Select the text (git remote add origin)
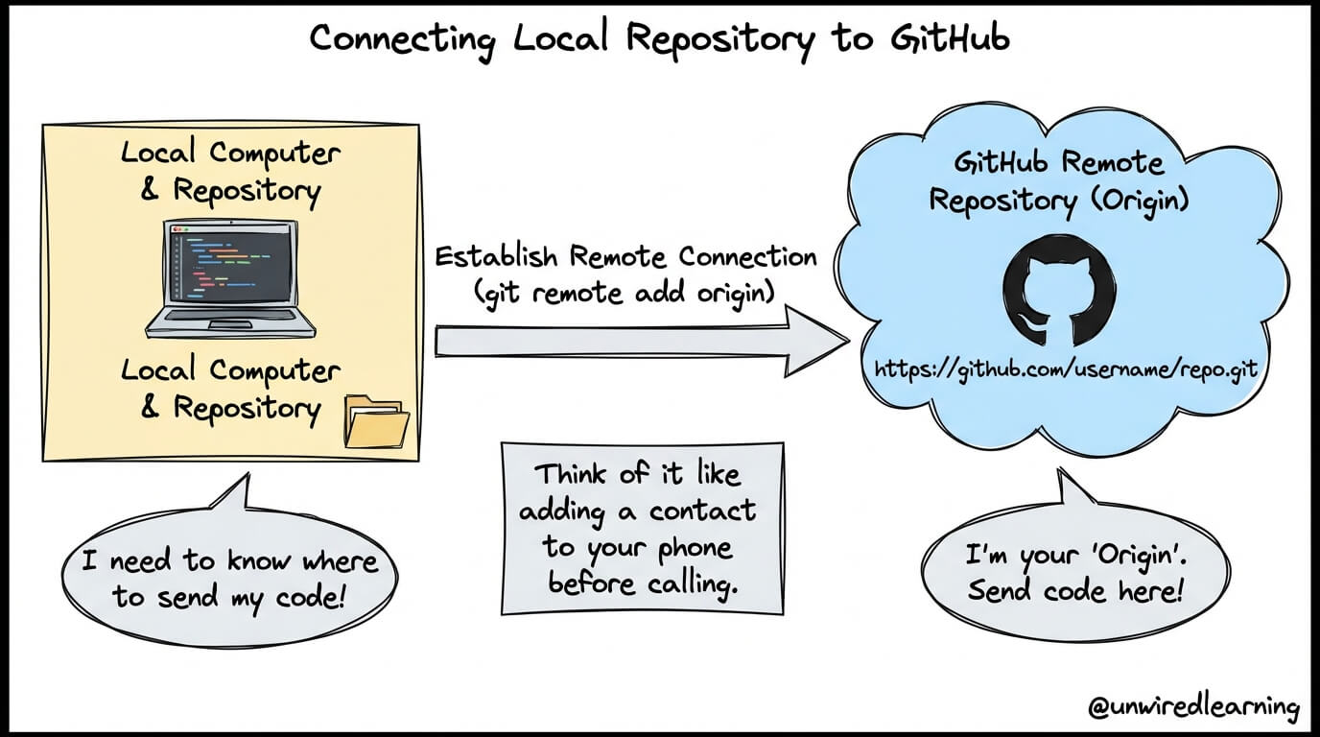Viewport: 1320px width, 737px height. coord(625,292)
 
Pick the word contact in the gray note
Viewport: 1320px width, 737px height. coord(702,511)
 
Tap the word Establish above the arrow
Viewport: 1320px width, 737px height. coord(497,257)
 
